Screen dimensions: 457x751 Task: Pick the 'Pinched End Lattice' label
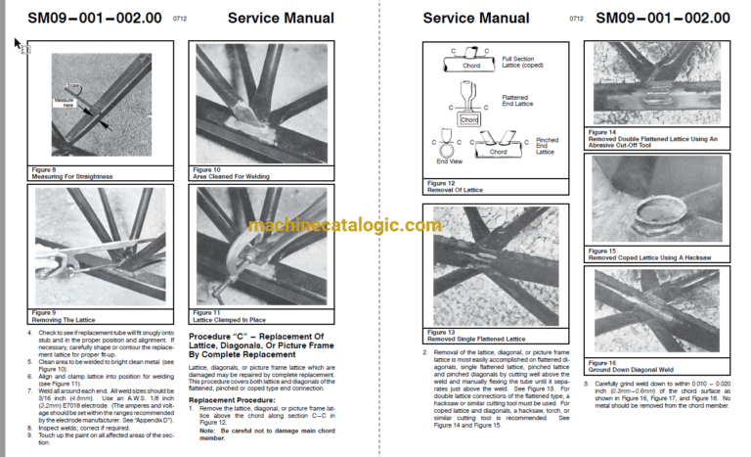pyautogui.click(x=548, y=146)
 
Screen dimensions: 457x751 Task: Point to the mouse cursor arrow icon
pyautogui.click(x=17, y=42)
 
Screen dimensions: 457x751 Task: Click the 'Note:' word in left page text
pyautogui.click(x=208, y=430)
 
